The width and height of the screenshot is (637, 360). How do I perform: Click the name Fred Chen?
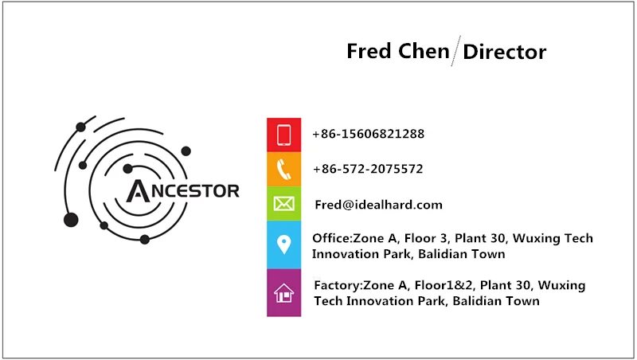pyautogui.click(x=397, y=52)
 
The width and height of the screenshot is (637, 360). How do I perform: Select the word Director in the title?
pyautogui.click(x=504, y=53)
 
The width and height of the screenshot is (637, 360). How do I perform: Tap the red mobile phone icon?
pyautogui.click(x=284, y=135)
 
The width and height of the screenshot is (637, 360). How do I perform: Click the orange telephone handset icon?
pyautogui.click(x=284, y=169)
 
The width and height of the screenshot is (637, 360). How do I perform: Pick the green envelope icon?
pyautogui.click(x=284, y=204)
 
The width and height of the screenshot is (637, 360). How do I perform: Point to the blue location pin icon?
pyautogui.click(x=284, y=245)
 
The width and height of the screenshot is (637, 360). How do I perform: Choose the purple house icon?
pyautogui.click(x=284, y=293)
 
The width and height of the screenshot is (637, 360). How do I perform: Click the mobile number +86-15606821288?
pyautogui.click(x=368, y=134)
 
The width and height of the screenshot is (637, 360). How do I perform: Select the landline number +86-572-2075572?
pyautogui.click(x=367, y=169)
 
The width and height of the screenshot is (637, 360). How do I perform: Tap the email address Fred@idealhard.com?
pyautogui.click(x=378, y=205)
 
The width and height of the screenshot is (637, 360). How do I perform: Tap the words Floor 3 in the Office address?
pyautogui.click(x=427, y=238)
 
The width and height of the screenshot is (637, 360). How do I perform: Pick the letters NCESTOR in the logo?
pyautogui.click(x=193, y=191)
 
